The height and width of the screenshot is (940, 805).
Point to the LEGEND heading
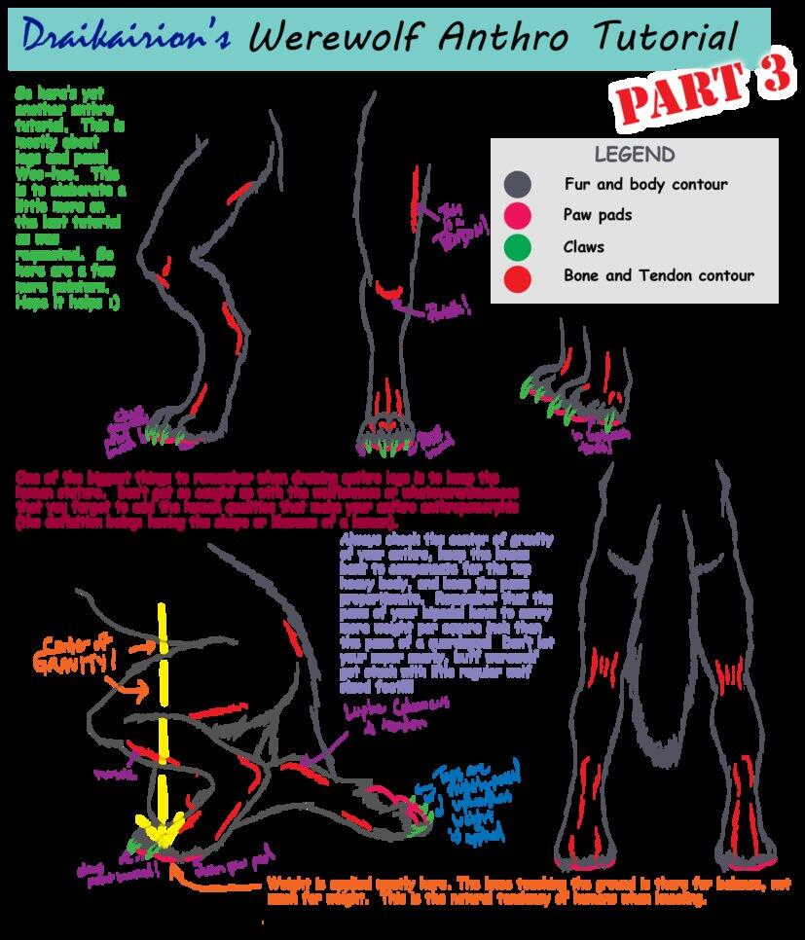click(634, 154)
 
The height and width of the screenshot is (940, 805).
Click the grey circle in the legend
click(518, 184)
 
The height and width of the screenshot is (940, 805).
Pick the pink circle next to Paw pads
click(518, 214)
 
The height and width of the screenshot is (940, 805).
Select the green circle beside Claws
click(518, 246)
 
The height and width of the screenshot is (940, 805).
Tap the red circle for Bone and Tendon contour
click(518, 278)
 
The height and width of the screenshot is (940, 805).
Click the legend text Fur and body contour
click(645, 184)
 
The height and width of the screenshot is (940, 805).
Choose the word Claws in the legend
click(583, 246)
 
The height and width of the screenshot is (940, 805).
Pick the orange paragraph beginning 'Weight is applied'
click(487, 891)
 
